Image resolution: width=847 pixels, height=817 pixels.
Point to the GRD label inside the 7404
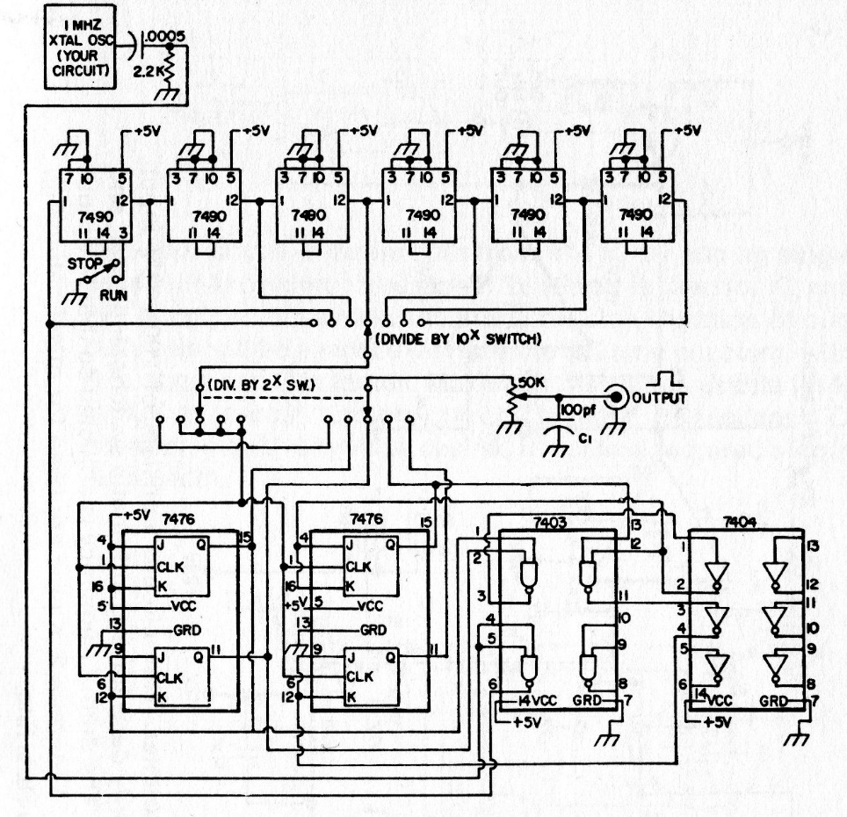pyautogui.click(x=772, y=702)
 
